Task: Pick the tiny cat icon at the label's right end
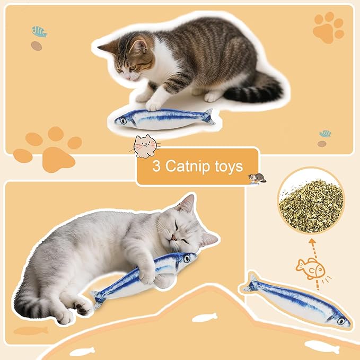[x=257, y=179]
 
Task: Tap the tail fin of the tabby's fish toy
[x=209, y=117]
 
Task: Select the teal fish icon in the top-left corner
[x=39, y=31]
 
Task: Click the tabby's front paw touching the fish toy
[x=154, y=104]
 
